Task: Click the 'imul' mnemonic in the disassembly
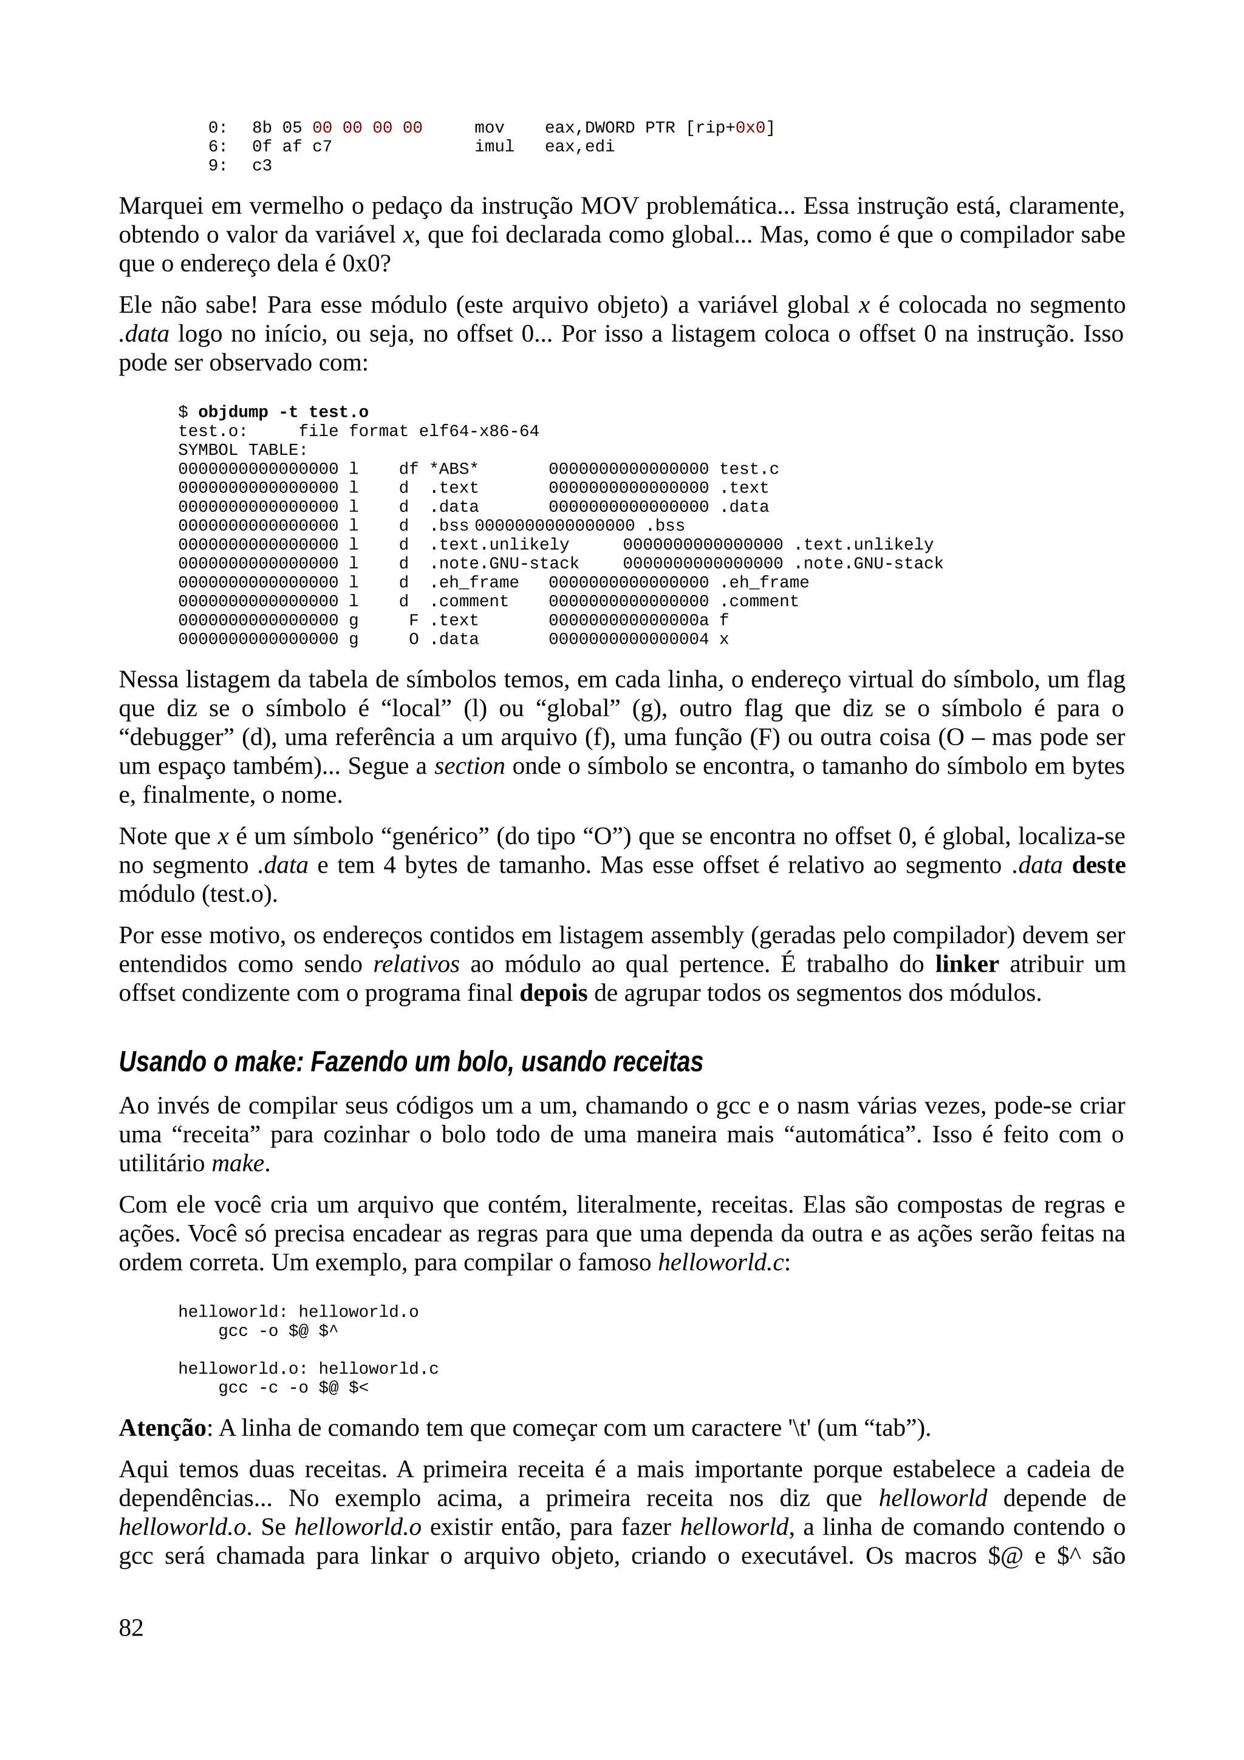tap(494, 146)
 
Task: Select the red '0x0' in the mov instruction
tap(750, 128)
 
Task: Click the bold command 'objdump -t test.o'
tap(283, 412)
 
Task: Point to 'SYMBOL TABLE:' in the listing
tap(242, 450)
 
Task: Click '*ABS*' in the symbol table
tap(454, 469)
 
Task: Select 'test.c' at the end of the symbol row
tap(748, 469)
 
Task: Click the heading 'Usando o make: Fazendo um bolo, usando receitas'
tap(411, 1062)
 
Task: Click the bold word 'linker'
tap(966, 964)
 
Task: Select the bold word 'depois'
tap(553, 994)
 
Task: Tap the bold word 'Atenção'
tap(162, 1428)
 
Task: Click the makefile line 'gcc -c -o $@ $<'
tap(293, 1388)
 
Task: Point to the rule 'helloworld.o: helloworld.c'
tap(308, 1368)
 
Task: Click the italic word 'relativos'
tap(416, 964)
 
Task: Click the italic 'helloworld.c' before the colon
tap(720, 1263)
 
